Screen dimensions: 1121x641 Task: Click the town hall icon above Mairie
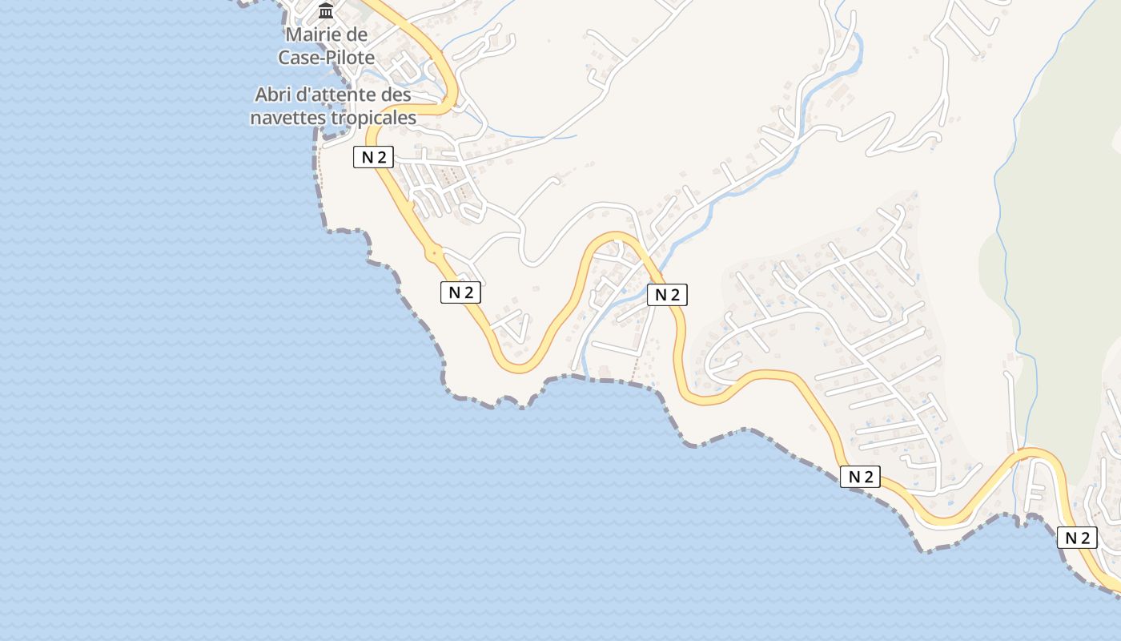(326, 11)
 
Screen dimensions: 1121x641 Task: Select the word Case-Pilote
(326, 58)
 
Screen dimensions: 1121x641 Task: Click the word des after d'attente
(396, 95)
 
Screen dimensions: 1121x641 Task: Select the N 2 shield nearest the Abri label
(373, 157)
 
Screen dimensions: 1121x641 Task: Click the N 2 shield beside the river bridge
(667, 295)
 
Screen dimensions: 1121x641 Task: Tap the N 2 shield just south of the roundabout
(460, 292)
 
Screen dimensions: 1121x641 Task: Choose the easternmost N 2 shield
(1077, 538)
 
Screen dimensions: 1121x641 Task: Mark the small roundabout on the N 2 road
(434, 253)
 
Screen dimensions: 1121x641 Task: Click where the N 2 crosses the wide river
(653, 264)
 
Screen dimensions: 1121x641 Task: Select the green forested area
(1065, 240)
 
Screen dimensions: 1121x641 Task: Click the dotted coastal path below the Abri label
(319, 172)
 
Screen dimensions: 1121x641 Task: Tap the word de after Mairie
(356, 35)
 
